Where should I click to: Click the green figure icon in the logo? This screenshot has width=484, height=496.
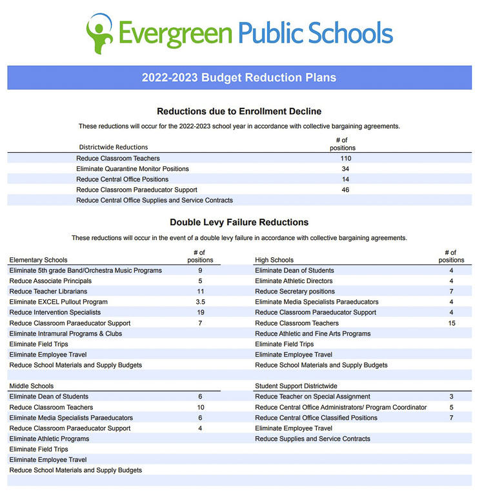[99, 32]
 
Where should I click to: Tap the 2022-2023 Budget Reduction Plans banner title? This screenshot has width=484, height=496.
[239, 77]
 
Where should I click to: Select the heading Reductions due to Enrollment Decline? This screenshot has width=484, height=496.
[239, 112]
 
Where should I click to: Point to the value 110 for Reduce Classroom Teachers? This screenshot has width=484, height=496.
[345, 159]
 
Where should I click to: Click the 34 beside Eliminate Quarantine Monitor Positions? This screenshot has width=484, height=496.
[345, 169]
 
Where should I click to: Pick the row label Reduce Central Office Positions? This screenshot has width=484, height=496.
[122, 179]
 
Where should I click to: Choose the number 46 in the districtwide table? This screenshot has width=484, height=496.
[345, 190]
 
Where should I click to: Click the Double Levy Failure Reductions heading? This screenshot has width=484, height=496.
[239, 223]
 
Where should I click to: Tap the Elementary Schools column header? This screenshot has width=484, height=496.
[38, 261]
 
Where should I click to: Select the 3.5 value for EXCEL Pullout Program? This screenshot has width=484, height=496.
[200, 302]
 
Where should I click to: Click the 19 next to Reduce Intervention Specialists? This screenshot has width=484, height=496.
[200, 312]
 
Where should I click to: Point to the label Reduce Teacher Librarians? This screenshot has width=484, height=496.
[48, 292]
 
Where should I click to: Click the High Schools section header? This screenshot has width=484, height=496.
[274, 261]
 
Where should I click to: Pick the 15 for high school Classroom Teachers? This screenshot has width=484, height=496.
[452, 323]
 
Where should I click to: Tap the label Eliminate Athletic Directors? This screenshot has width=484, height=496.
[294, 281]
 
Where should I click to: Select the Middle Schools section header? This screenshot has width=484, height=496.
[32, 386]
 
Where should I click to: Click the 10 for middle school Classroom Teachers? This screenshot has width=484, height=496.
[200, 408]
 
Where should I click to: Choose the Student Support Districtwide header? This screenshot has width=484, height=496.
[296, 386]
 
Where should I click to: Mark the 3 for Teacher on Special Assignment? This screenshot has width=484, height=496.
[452, 397]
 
